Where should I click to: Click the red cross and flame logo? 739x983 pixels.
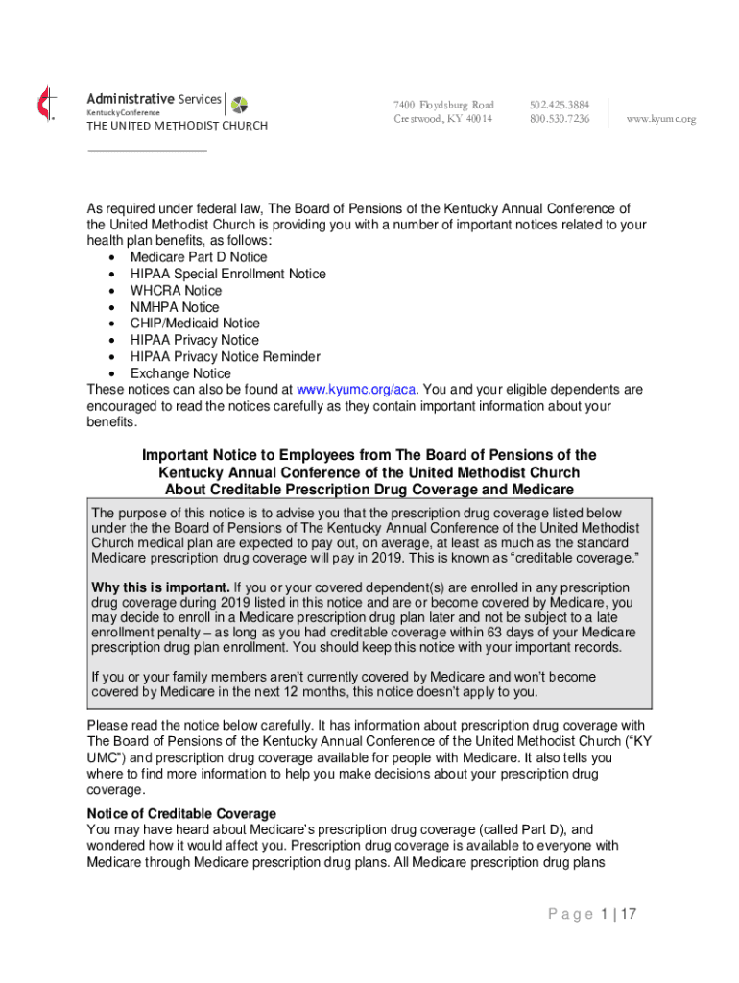[42, 103]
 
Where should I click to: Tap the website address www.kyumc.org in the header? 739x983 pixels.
[660, 119]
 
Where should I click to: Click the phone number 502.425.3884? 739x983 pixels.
[559, 104]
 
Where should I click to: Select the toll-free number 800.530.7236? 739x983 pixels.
[559, 119]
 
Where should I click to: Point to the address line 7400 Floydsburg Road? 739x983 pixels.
[442, 104]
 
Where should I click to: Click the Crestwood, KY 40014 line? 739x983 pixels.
[442, 119]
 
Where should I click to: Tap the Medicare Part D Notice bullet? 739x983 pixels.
[199, 257]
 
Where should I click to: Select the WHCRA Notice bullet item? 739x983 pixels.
[176, 290]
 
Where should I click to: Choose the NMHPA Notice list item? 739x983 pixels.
[175, 307]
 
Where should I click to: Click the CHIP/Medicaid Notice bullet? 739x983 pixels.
[195, 324]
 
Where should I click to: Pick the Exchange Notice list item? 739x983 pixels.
[180, 373]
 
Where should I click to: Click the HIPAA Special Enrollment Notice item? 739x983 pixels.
[227, 274]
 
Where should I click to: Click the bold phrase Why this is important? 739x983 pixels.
[160, 587]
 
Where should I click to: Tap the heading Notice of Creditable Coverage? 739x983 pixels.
[181, 813]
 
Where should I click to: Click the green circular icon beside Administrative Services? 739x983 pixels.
[239, 104]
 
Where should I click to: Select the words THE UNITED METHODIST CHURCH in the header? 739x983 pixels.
[177, 126]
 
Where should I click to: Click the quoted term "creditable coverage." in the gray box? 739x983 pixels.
[574, 559]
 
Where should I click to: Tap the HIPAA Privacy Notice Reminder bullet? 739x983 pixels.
[225, 357]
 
